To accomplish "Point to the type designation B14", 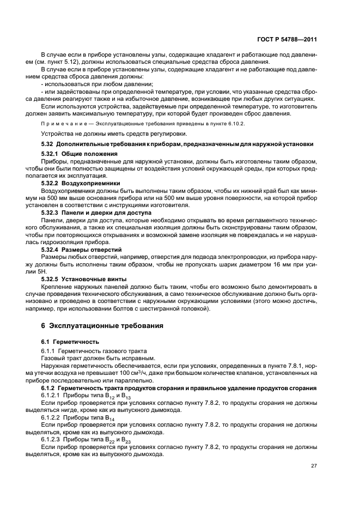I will pos(106,417).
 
